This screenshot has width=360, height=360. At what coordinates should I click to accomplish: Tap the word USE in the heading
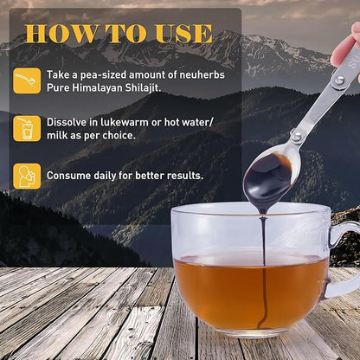coord(184,34)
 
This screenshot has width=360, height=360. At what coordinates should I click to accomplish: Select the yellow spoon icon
coord(27,80)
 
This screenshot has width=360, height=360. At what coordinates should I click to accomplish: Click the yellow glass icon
coord(27,129)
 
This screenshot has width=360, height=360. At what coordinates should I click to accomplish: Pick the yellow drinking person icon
coord(27,177)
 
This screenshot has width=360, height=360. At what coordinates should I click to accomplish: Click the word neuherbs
coord(202,75)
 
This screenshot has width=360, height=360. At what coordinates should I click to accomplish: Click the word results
coord(185,176)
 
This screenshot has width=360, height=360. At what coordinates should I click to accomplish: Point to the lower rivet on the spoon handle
coord(296,136)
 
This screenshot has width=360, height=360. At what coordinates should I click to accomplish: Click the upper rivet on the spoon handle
coord(339,80)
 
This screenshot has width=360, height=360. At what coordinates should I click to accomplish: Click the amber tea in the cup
coord(251,292)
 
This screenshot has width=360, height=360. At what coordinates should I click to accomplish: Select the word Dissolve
coord(67,122)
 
